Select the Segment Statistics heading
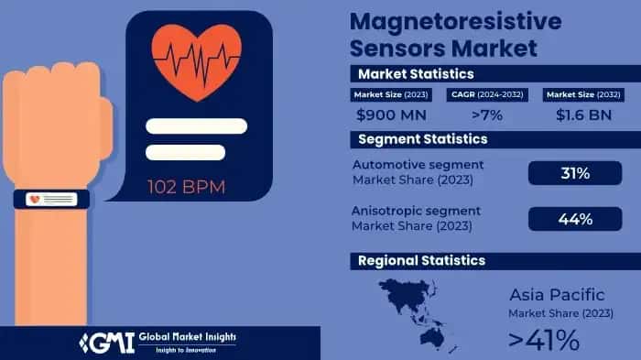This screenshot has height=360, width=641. click(422, 139)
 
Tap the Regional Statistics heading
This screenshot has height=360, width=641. click(421, 261)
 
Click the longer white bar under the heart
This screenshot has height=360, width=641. click(196, 125)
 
